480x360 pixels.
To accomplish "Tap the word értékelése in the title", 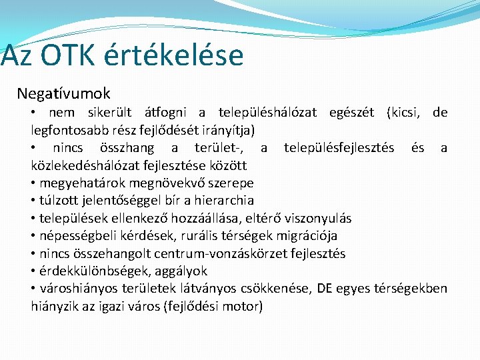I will point(180,56).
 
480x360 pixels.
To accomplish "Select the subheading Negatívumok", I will point(64,94).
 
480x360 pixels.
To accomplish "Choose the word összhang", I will point(126,147).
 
